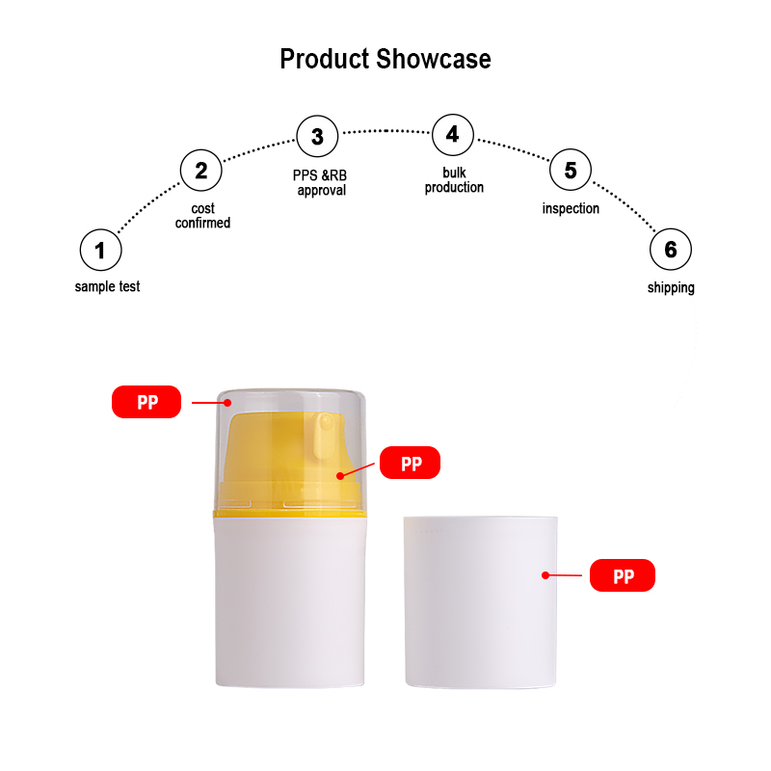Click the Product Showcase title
pyautogui.click(x=385, y=59)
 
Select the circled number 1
pyautogui.click(x=101, y=250)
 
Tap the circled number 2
pyautogui.click(x=201, y=171)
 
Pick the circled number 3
pyautogui.click(x=317, y=136)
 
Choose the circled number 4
pyautogui.click(x=453, y=135)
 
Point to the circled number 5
pyautogui.click(x=571, y=170)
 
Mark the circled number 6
pyautogui.click(x=671, y=250)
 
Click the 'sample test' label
pyautogui.click(x=107, y=286)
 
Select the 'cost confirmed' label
pyautogui.click(x=202, y=216)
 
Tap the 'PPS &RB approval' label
pyautogui.click(x=320, y=183)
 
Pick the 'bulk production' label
pyautogui.click(x=454, y=180)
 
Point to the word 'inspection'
pyautogui.click(x=571, y=208)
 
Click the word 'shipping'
pyautogui.click(x=671, y=287)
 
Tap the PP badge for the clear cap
pyautogui.click(x=146, y=402)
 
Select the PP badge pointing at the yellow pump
pyautogui.click(x=411, y=463)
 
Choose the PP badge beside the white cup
pyautogui.click(x=623, y=575)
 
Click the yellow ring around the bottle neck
pyautogui.click(x=290, y=515)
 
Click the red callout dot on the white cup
pyautogui.click(x=545, y=574)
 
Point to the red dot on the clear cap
pyautogui.click(x=227, y=403)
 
